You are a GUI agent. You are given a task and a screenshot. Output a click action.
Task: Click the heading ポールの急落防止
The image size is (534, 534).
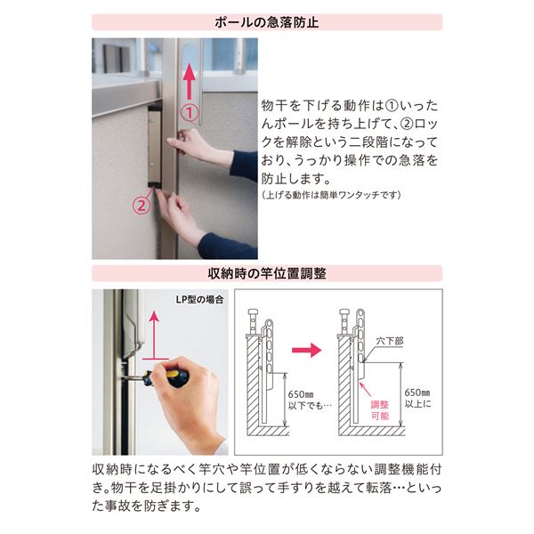click(x=267, y=22)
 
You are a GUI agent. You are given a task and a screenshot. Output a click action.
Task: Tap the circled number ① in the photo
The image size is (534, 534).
click(x=188, y=113)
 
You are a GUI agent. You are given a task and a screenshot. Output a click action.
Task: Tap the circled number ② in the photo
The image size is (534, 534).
click(x=141, y=204)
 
